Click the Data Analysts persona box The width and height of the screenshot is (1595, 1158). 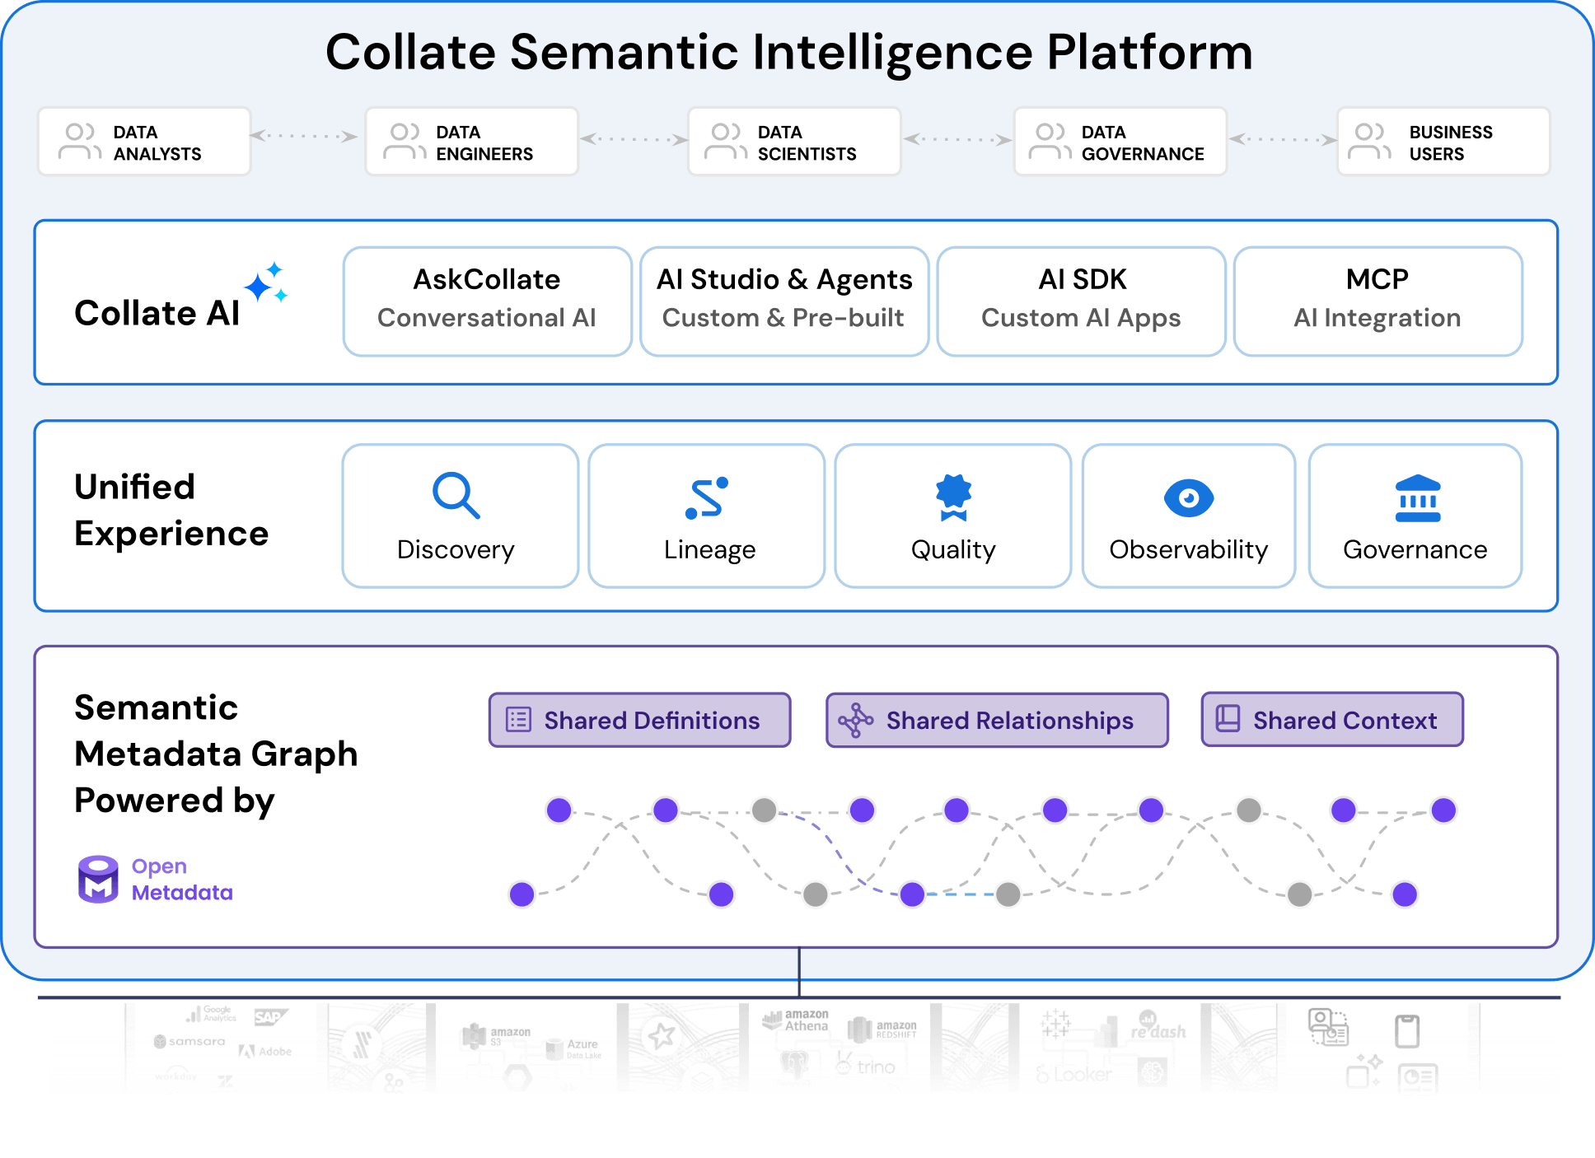pyautogui.click(x=144, y=142)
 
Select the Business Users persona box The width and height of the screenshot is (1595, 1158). pyautogui.click(x=1443, y=142)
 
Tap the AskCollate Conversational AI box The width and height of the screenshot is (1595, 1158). pyautogui.click(x=487, y=301)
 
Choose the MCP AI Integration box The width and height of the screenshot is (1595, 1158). pyautogui.click(x=1377, y=301)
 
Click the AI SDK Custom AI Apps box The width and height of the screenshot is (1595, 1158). pyautogui.click(x=1081, y=301)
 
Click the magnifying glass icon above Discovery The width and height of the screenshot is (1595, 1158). pyautogui.click(x=456, y=495)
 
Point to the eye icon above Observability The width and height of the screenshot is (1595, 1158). pyautogui.click(x=1188, y=497)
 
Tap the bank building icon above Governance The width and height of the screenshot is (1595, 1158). pyautogui.click(x=1417, y=498)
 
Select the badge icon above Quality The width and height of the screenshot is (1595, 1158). pyautogui.click(x=953, y=497)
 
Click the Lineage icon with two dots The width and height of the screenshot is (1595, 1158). pyautogui.click(x=707, y=498)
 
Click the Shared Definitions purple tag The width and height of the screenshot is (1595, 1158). pyautogui.click(x=639, y=720)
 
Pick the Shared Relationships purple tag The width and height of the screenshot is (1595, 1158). pyautogui.click(x=997, y=720)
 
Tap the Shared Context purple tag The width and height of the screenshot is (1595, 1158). pyautogui.click(x=1331, y=720)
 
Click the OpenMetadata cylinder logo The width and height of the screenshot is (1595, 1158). pyautogui.click(x=98, y=879)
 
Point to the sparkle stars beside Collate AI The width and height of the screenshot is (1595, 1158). pyautogui.click(x=266, y=283)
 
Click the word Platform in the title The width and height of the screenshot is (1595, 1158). pyautogui.click(x=1149, y=53)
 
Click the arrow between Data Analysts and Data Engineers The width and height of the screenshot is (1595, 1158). pyautogui.click(x=304, y=136)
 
